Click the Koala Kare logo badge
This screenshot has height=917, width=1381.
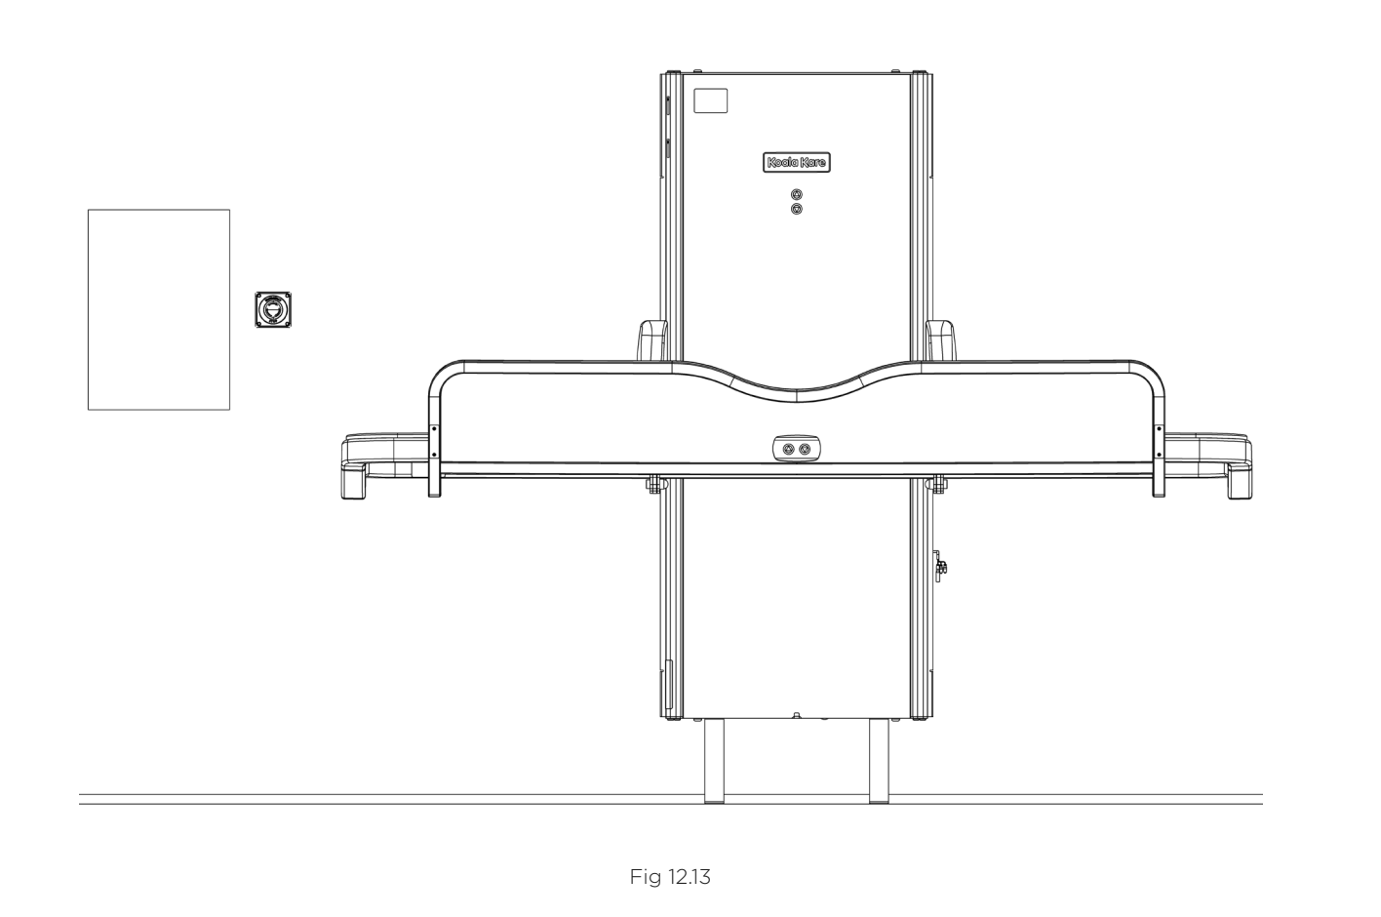[x=797, y=162]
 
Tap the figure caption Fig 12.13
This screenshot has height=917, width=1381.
[x=670, y=877]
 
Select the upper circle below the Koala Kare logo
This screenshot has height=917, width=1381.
[x=797, y=195]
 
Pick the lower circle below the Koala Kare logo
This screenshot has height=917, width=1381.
[x=797, y=209]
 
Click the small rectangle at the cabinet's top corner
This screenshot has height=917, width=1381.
[x=711, y=100]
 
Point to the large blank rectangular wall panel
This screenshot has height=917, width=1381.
[x=159, y=309]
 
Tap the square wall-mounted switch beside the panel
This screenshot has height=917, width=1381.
[x=273, y=309]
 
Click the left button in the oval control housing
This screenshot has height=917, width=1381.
[x=788, y=449]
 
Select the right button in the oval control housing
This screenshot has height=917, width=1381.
[x=805, y=449]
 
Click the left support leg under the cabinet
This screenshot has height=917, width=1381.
[x=714, y=761]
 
